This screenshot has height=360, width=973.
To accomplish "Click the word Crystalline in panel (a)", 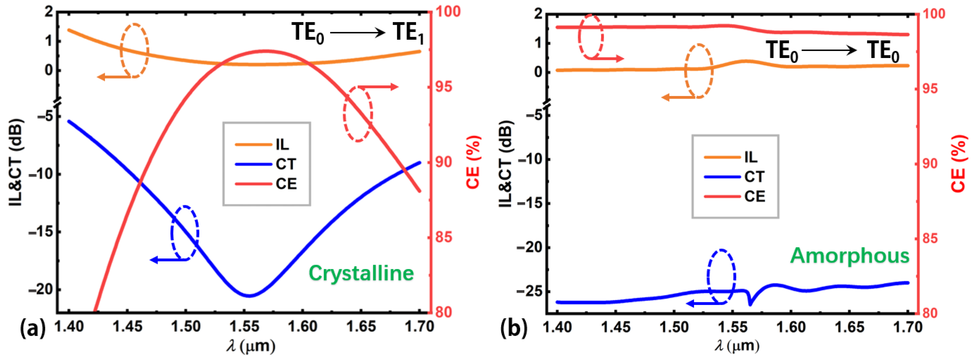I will tap(361, 273).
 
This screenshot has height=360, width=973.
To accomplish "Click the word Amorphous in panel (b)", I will tap(849, 256).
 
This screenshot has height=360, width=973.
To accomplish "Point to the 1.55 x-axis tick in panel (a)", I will tap(244, 326).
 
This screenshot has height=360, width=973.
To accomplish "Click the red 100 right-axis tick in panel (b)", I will tap(933, 14).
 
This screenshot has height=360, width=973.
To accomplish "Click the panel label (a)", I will tap(32, 328).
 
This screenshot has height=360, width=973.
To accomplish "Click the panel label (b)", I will tap(514, 329).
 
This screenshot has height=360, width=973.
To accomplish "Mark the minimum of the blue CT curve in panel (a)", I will tap(248, 296).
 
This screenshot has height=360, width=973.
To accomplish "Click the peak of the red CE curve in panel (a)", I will tap(265, 51).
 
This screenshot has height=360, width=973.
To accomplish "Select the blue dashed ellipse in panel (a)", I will tap(185, 232).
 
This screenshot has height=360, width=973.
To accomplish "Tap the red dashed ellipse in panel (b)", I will tap(591, 37).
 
